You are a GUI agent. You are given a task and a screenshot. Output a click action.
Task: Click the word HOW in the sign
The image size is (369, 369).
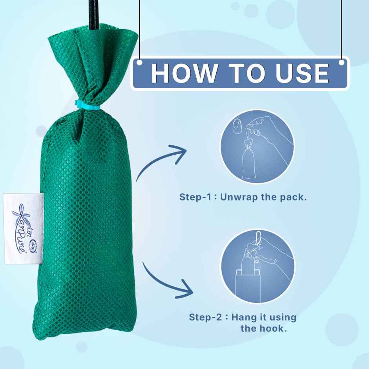(x=184, y=73)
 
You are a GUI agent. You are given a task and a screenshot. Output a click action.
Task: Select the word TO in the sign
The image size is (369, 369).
(x=245, y=73)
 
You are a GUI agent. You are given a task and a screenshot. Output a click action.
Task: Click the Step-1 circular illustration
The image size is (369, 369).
(x=257, y=146)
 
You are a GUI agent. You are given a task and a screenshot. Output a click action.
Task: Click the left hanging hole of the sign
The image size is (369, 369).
(x=140, y=63)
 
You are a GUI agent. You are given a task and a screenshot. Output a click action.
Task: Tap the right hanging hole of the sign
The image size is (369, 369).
(x=342, y=63)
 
